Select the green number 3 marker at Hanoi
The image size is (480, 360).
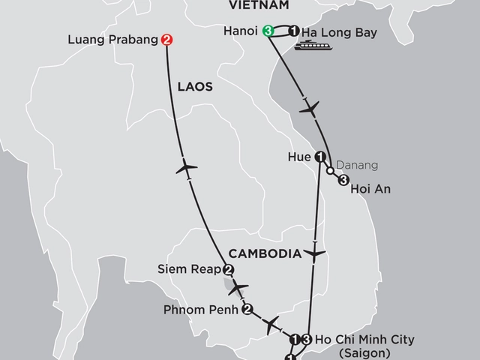click(x=268, y=31)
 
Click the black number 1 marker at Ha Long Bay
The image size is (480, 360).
click(x=294, y=31)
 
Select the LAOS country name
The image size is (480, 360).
click(x=195, y=87)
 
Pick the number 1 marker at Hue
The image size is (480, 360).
click(x=320, y=157)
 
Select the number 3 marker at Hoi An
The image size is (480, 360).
click(x=343, y=180)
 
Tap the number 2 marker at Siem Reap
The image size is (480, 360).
click(x=229, y=271)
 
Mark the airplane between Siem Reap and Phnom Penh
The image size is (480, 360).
click(x=238, y=287)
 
